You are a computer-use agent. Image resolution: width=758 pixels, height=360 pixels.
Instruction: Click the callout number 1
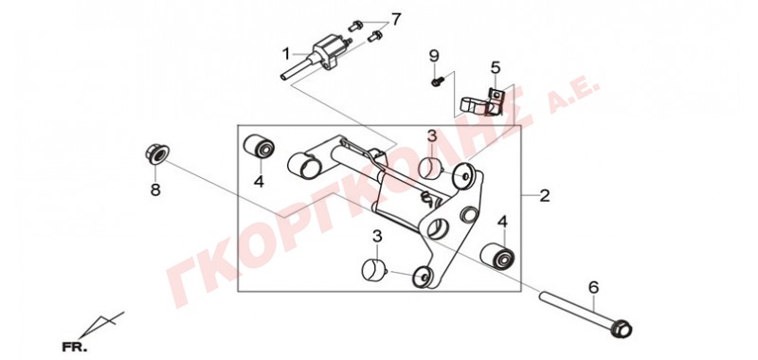point(286,54)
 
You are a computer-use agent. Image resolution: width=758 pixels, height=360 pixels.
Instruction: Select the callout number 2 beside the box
point(544,196)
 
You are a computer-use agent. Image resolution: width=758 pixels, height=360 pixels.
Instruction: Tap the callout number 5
point(496,67)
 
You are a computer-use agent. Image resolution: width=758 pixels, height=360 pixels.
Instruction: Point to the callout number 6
point(593,287)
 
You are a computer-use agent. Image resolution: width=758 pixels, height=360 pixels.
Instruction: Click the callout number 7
point(396,19)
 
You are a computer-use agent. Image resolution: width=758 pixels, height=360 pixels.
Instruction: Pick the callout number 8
point(155,189)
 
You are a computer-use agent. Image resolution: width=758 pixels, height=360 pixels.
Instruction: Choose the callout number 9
point(434,57)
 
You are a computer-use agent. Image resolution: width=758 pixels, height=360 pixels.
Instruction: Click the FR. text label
point(75,347)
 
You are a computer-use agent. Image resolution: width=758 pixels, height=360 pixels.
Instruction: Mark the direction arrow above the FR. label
point(101,325)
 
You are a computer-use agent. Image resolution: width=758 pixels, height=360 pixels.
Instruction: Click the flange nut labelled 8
point(155,153)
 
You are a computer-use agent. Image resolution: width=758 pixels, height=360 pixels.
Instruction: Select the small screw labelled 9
point(437,81)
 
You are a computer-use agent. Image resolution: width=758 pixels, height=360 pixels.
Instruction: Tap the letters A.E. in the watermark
point(574,97)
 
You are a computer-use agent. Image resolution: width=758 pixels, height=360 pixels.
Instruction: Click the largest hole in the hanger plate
point(438,227)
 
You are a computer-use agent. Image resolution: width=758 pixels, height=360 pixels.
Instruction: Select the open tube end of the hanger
point(303,164)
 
